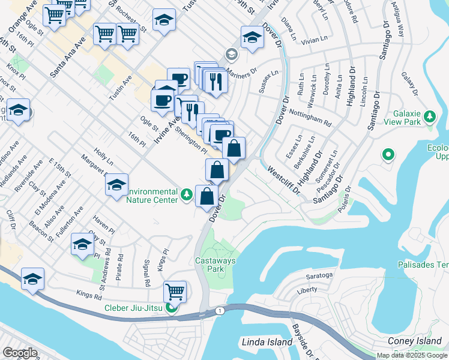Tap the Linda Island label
(x=267, y=343)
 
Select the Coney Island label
(x=414, y=341)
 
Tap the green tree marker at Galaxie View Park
(x=429, y=116)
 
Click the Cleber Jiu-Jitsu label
(x=135, y=309)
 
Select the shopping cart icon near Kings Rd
(x=175, y=292)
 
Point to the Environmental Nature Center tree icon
(x=187, y=194)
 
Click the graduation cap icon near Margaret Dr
(x=116, y=184)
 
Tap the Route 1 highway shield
(x=220, y=310)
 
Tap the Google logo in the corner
(x=20, y=352)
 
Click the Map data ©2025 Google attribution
(x=412, y=355)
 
